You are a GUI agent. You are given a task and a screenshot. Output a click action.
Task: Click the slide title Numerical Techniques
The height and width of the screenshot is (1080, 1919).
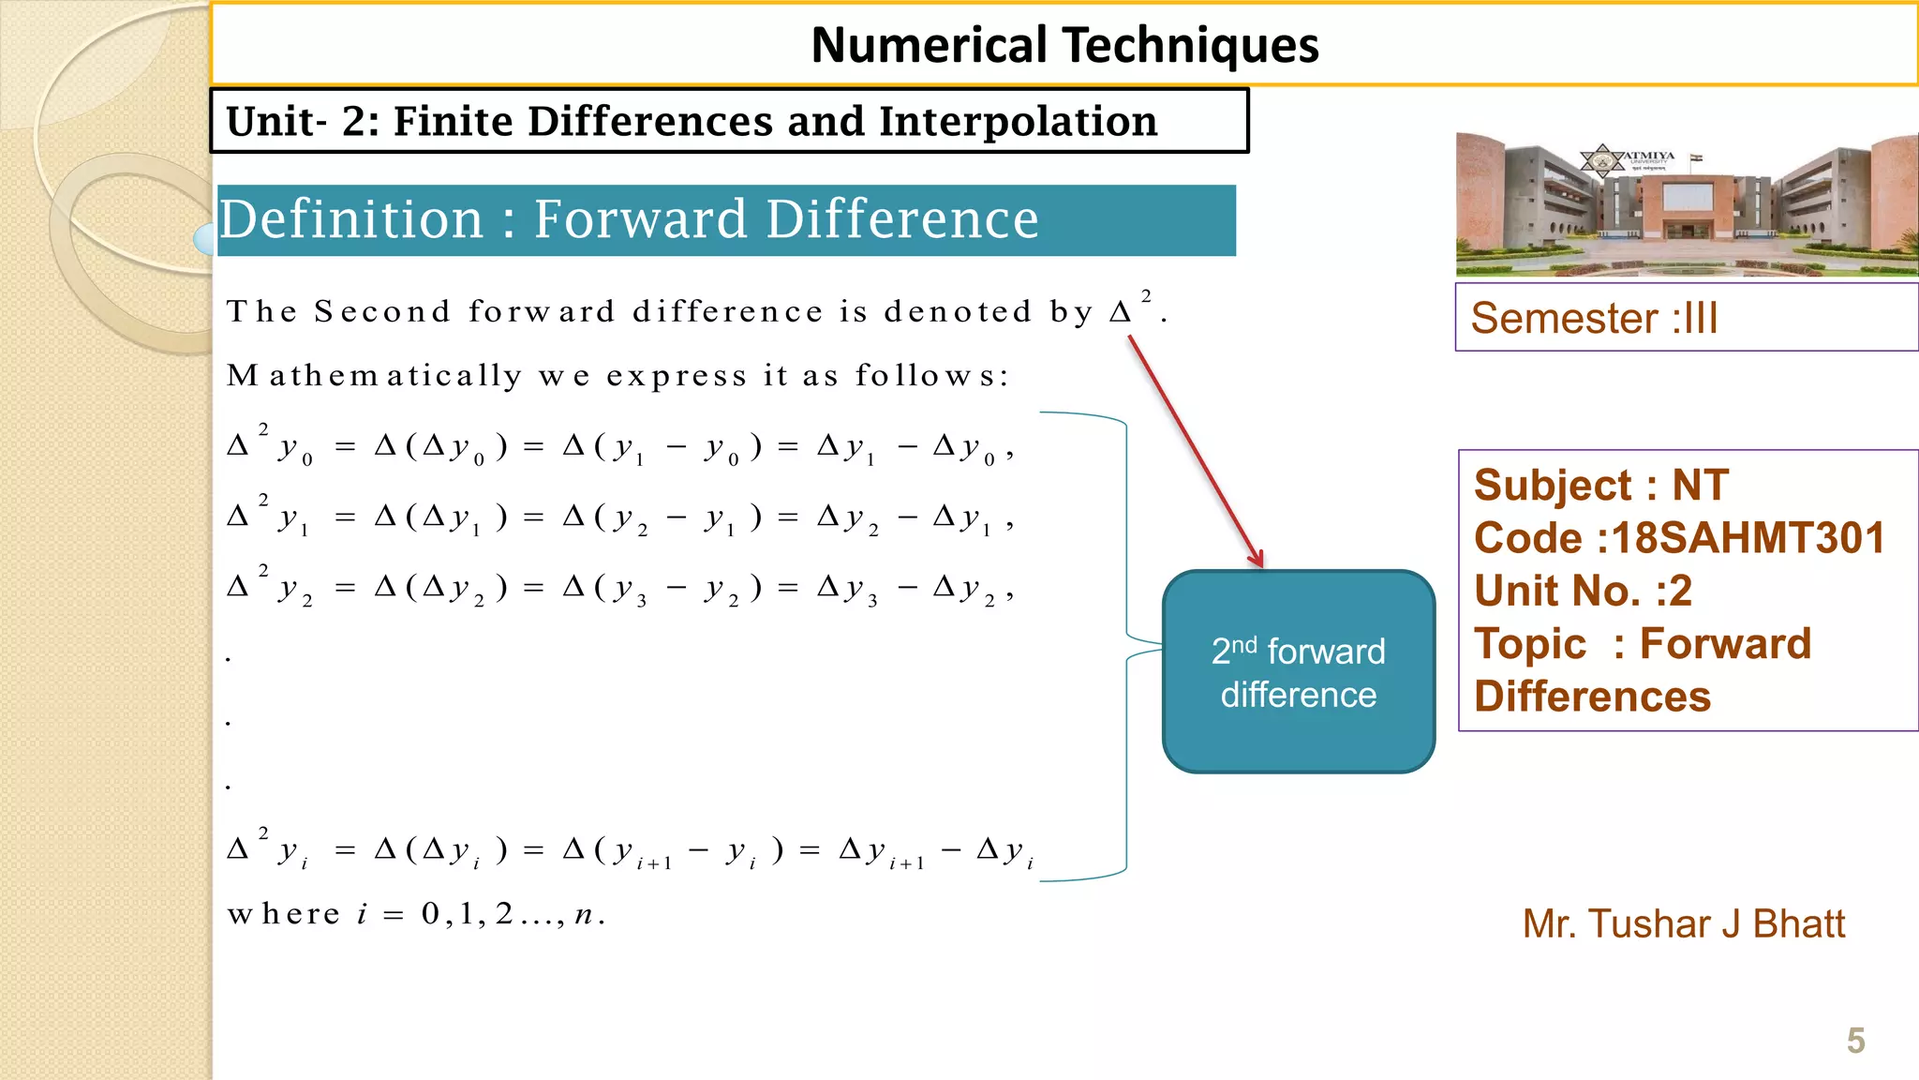(1064, 45)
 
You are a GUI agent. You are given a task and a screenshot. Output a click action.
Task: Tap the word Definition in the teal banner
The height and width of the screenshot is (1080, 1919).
(351, 219)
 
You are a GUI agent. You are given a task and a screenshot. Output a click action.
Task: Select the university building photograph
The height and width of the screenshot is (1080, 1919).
(1687, 204)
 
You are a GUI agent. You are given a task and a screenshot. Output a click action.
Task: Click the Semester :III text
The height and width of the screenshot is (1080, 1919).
(1594, 318)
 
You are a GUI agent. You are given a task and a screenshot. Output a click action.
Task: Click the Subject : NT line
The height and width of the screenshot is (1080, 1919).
(1600, 486)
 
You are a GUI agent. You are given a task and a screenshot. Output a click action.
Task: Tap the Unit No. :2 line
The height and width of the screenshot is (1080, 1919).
(1583, 591)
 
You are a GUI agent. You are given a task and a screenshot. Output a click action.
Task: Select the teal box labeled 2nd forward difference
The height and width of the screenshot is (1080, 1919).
(1299, 672)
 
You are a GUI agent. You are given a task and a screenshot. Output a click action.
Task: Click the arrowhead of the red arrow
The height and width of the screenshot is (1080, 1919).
(1258, 560)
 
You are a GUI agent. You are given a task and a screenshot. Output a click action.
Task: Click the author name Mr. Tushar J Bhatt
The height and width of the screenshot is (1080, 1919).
(1683, 924)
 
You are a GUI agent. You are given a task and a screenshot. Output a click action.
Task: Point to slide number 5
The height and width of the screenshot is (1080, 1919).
(1855, 1041)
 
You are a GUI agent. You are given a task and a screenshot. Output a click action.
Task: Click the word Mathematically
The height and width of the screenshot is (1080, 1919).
(374, 376)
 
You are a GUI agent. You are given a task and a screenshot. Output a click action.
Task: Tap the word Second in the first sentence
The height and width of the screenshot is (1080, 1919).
(381, 311)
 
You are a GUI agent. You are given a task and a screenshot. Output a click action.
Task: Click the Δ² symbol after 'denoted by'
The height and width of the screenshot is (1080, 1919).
(1129, 308)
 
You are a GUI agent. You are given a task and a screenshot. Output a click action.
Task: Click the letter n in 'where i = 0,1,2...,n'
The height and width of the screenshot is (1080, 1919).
(584, 914)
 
